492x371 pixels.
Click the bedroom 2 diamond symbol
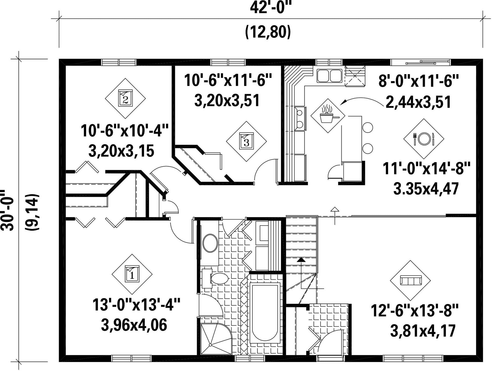(125, 98)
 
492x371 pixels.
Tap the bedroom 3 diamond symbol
(246, 141)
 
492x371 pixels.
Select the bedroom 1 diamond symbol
(132, 274)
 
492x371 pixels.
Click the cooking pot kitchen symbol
(328, 116)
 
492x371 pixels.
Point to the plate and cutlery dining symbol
(424, 139)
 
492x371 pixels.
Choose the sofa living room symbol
(410, 281)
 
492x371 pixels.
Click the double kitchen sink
(329, 76)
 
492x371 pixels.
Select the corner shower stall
(216, 339)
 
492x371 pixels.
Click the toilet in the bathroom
(217, 279)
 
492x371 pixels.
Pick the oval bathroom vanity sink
(210, 243)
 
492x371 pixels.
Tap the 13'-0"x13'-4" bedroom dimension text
(136, 305)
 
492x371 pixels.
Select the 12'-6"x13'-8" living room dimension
(414, 311)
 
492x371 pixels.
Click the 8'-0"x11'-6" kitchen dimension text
(418, 81)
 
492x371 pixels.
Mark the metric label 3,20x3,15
(121, 151)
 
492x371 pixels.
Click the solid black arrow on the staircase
(301, 260)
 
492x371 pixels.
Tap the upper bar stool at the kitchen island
(368, 127)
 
